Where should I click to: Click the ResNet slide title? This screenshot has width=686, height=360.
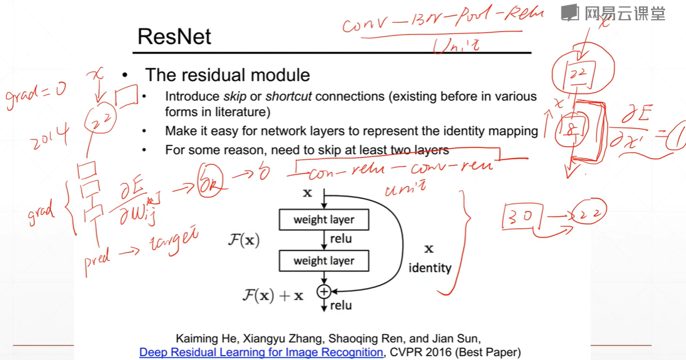click(174, 37)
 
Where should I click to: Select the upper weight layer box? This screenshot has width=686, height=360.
click(324, 220)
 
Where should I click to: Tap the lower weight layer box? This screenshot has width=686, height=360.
click(324, 261)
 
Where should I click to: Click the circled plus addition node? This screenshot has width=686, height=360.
click(324, 291)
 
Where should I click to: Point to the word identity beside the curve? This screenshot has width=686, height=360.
click(430, 268)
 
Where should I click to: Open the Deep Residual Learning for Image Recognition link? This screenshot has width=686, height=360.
click(261, 353)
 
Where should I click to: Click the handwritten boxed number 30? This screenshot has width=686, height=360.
click(522, 217)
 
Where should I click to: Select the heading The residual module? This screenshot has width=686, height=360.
click(228, 75)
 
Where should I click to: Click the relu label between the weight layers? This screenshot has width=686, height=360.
click(340, 239)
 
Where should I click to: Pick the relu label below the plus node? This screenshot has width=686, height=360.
click(340, 305)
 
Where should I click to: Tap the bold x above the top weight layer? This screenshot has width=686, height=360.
click(307, 193)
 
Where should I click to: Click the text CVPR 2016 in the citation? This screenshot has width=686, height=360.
click(420, 353)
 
